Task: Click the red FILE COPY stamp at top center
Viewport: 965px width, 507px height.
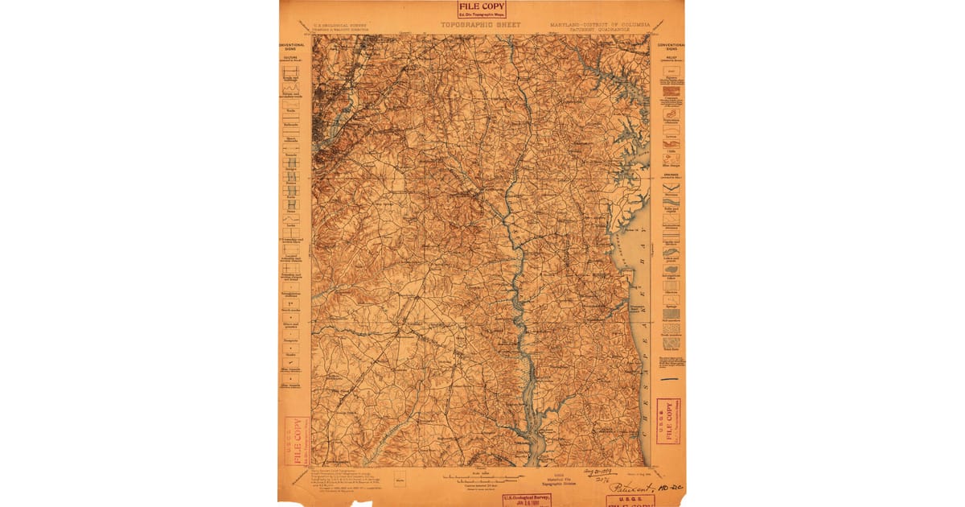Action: tap(482, 9)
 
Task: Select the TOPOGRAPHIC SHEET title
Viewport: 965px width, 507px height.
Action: tap(480, 25)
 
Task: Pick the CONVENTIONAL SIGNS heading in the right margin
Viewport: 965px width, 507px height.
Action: tap(671, 47)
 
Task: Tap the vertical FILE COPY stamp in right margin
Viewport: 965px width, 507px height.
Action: tap(666, 419)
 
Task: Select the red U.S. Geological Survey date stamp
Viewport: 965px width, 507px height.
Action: tap(527, 500)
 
